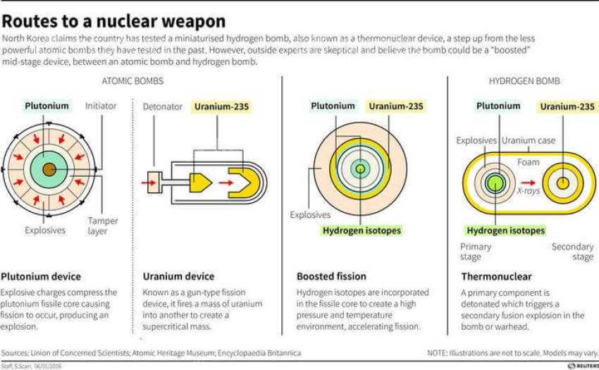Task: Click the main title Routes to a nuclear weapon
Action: [114, 20]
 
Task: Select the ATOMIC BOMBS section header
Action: [133, 81]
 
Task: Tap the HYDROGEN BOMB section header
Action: [524, 81]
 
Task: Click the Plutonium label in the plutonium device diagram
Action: [47, 106]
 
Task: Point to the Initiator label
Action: [101, 106]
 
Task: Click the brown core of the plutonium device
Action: [48, 169]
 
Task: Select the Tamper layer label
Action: [103, 226]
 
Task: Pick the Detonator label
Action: [163, 107]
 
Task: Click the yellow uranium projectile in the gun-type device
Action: [200, 183]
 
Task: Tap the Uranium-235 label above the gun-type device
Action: [221, 107]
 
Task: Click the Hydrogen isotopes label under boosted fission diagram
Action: [362, 230]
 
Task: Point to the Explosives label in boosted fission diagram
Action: [310, 214]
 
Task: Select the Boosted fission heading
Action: [331, 276]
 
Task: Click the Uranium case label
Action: [529, 140]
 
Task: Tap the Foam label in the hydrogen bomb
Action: [528, 162]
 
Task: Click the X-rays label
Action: [528, 190]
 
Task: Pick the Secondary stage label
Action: [572, 252]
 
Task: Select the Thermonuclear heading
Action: [496, 276]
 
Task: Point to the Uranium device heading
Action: [178, 276]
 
